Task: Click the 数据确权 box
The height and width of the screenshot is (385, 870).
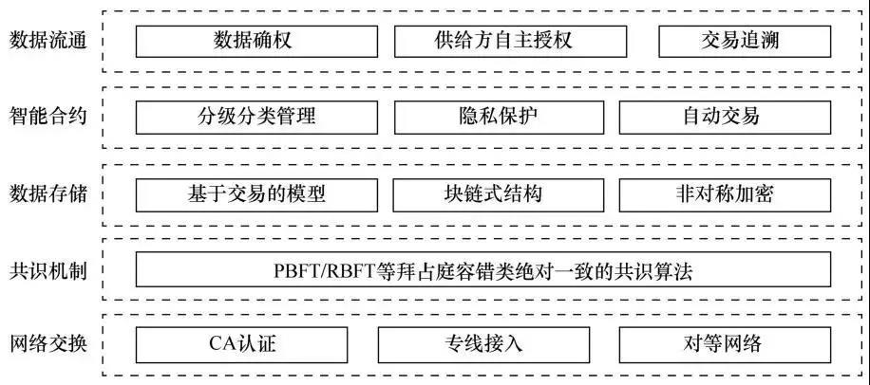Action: pos(257,42)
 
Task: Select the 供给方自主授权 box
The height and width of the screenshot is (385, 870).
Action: pos(510,42)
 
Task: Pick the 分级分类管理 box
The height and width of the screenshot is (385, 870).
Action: pos(257,118)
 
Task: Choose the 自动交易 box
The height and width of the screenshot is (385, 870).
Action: pos(726,118)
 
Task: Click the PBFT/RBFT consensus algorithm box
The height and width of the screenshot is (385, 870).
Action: pos(483,270)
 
